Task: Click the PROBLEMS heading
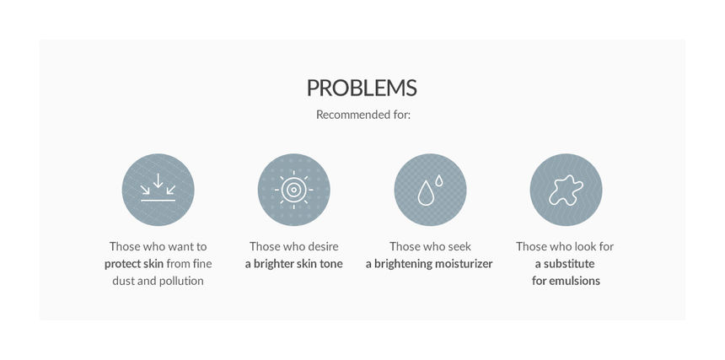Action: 362,88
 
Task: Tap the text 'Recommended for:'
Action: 363,115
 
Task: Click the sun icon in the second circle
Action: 293,190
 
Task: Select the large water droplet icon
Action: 426,193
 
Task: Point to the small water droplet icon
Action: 438,180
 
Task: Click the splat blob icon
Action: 566,190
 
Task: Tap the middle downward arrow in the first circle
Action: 158,180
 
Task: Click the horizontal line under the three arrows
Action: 158,201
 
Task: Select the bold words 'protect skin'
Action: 134,264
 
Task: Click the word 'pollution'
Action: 181,281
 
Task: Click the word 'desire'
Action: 323,246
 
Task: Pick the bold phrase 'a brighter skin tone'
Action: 293,264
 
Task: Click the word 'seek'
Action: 460,246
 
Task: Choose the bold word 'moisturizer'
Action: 464,264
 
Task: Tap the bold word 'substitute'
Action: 569,264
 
